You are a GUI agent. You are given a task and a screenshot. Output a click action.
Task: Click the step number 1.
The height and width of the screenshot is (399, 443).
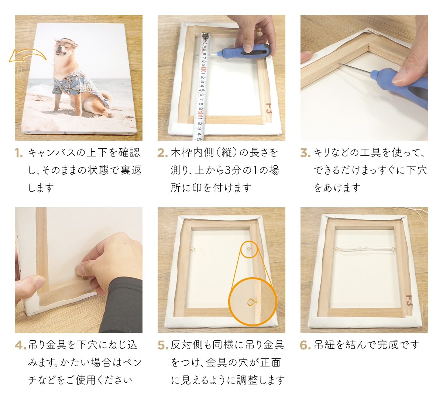coord(19,153)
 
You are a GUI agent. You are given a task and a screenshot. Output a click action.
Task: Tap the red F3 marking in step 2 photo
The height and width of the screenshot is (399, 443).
coord(268,108)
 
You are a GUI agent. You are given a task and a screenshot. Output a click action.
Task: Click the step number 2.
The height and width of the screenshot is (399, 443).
coord(162,153)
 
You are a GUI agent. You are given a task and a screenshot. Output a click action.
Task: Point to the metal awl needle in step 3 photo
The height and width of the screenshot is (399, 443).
coord(354,68)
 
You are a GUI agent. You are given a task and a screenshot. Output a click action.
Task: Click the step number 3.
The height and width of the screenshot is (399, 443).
coord(305,153)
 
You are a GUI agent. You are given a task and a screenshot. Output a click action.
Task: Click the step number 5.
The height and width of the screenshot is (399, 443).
coord(162,345)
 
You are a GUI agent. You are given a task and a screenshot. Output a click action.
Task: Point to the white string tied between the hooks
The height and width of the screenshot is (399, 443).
coord(364,250)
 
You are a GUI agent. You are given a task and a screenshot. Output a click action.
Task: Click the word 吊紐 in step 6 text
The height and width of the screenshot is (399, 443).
coord(324,345)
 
